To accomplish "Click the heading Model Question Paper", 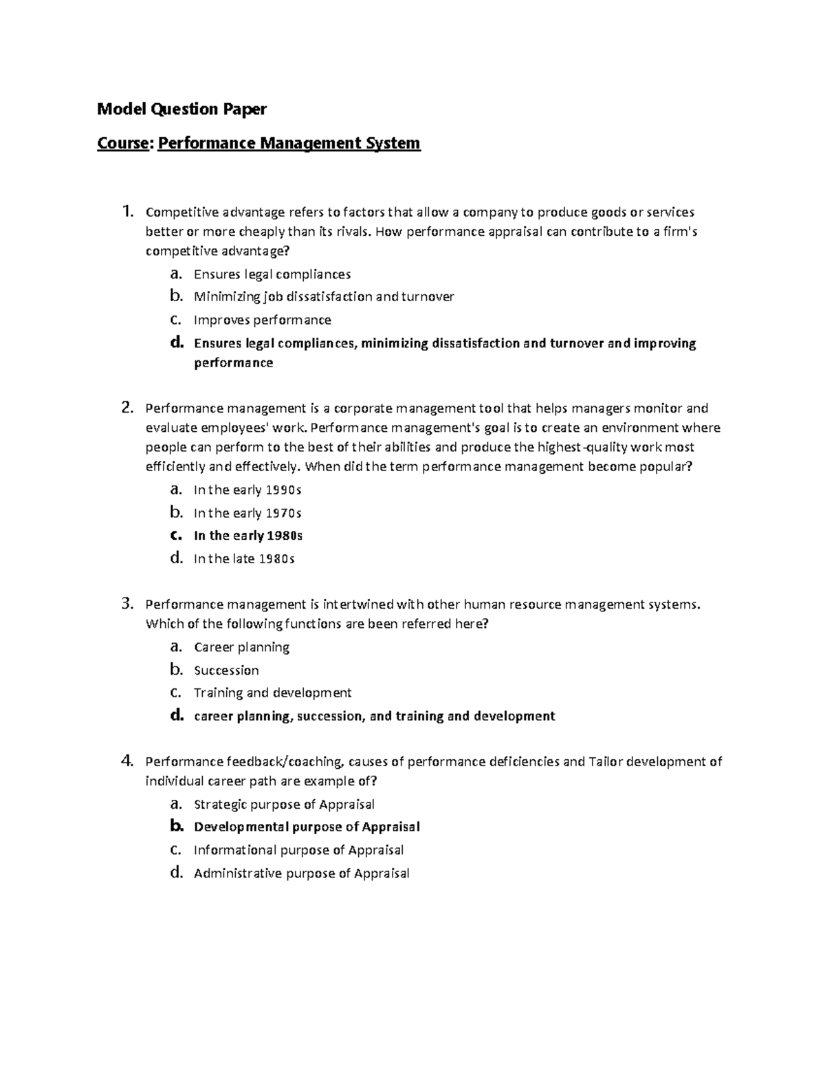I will pyautogui.click(x=181, y=109).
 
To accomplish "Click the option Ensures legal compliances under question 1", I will pyautogui.click(x=272, y=274).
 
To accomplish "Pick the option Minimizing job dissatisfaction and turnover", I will pyautogui.click(x=324, y=297).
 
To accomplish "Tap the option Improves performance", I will pyautogui.click(x=262, y=320).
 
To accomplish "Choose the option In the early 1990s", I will pyautogui.click(x=247, y=490).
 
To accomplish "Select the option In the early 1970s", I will pyautogui.click(x=247, y=513).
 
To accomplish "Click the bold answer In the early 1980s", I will pyautogui.click(x=248, y=536).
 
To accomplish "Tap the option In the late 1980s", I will pyautogui.click(x=244, y=559).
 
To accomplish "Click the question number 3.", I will pyautogui.click(x=126, y=604).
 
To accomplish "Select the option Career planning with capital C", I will pyautogui.click(x=241, y=647).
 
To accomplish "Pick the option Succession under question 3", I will pyautogui.click(x=226, y=671).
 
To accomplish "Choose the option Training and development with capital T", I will pyautogui.click(x=272, y=693).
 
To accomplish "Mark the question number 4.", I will pyautogui.click(x=126, y=761).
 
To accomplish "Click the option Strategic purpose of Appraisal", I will pyautogui.click(x=284, y=805).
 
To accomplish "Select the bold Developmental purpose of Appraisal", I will pyautogui.click(x=307, y=827).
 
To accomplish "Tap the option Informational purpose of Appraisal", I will pyautogui.click(x=298, y=851).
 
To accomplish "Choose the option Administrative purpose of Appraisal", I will pyautogui.click(x=301, y=873).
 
